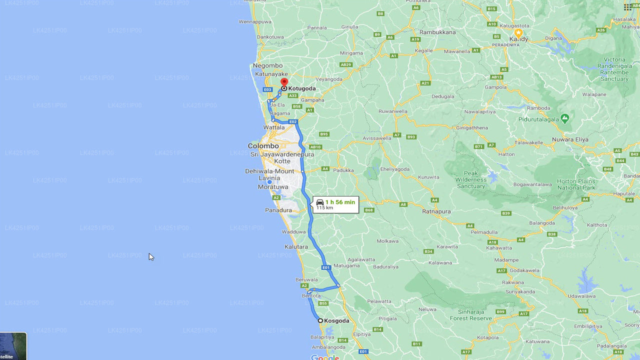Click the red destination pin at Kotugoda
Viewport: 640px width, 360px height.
coord(284,82)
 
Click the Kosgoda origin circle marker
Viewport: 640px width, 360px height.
coord(320,320)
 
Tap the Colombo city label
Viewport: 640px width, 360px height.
coord(263,146)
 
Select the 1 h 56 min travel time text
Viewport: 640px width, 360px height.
coord(340,202)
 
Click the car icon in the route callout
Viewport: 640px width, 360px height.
coord(320,202)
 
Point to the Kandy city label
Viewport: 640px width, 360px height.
coord(518,38)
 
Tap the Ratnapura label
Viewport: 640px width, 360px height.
coord(436,211)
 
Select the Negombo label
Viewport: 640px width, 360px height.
coord(267,65)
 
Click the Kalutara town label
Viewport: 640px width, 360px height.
coord(296,247)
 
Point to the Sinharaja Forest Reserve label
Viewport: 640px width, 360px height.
coord(470,314)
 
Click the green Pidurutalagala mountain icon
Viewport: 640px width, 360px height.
coord(564,118)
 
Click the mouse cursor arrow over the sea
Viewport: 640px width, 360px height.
coord(151,256)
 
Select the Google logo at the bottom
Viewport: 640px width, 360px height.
coord(325,357)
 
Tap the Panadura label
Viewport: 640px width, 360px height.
coord(278,210)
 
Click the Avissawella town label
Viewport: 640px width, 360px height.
coord(377,138)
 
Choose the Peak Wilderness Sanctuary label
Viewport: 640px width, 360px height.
coord(470,179)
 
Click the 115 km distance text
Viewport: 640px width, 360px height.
coord(324,208)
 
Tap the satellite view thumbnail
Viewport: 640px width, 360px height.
coord(13,346)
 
